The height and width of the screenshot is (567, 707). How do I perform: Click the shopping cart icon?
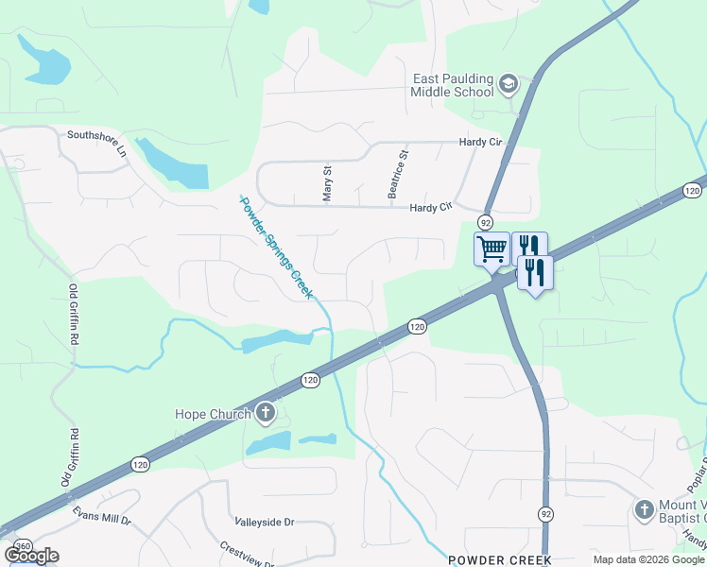pos(491,250)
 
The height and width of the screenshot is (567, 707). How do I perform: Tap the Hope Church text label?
pos(213,414)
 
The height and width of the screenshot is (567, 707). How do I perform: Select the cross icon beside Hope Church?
pos(267,413)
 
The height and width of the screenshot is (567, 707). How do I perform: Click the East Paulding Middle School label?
pos(453,85)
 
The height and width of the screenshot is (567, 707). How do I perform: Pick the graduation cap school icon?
pos(509,85)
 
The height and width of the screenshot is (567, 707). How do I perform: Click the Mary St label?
pos(328,184)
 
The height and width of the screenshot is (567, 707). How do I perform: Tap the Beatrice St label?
pos(398,173)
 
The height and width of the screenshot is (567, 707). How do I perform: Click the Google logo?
pos(31,556)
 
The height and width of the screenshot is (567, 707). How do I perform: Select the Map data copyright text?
pos(647,559)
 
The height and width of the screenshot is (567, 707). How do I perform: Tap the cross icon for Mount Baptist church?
pos(644,508)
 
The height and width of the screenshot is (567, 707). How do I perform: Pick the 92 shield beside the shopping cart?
pos(485,221)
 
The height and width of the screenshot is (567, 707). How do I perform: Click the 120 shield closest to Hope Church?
pos(310,379)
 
